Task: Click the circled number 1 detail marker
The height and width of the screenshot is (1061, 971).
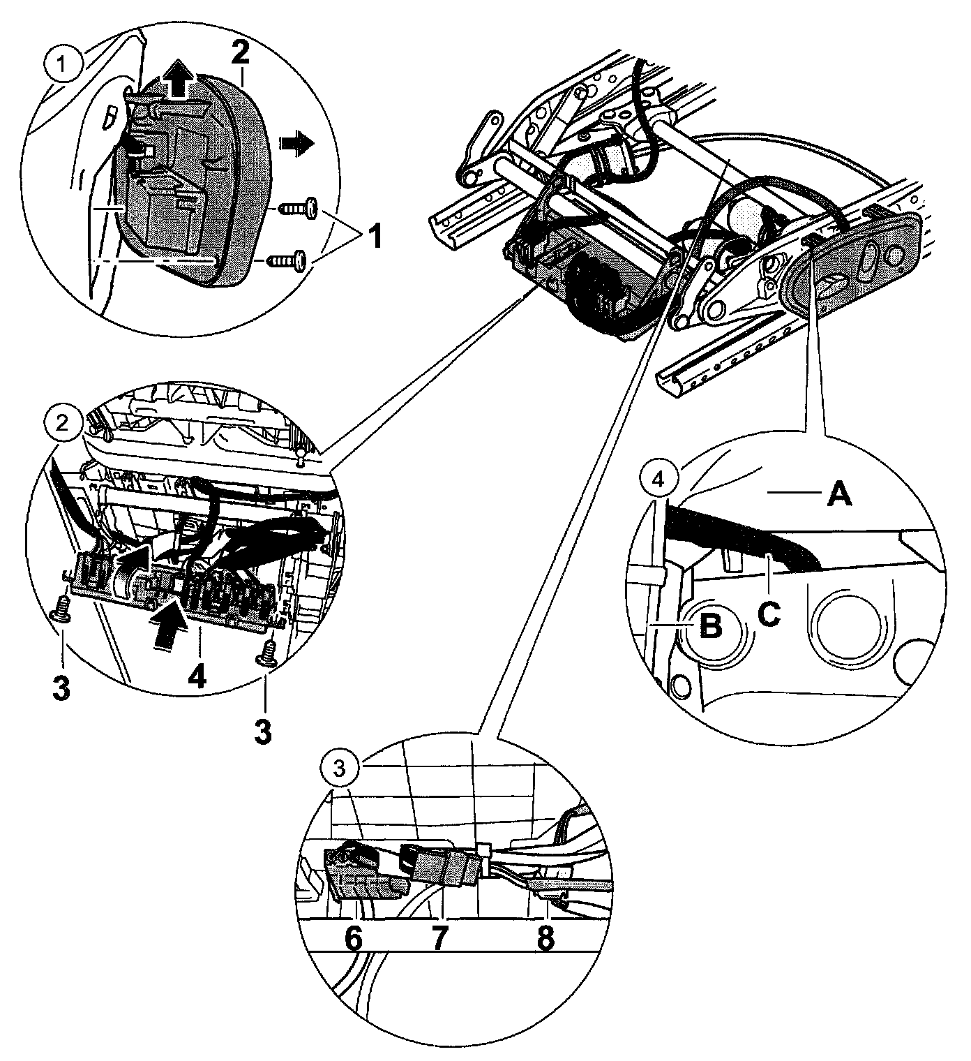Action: [63, 65]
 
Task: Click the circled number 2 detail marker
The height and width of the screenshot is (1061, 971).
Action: [63, 423]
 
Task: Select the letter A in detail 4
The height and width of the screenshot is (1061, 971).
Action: [839, 496]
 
